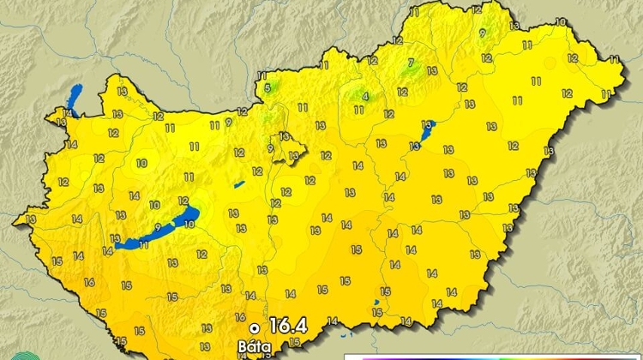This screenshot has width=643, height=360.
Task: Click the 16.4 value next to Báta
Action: pos(287,326)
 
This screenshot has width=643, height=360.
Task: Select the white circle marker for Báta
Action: pos(254,327)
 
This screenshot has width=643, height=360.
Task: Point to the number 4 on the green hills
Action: pos(365,96)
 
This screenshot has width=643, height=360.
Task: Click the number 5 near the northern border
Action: pos(267,87)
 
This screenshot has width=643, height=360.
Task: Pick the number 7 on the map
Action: pos(411,62)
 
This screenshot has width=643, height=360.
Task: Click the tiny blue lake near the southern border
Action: pos(376,303)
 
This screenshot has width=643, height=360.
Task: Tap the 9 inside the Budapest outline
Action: pos(270,148)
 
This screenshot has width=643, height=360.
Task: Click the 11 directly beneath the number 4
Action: pos(358,111)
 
